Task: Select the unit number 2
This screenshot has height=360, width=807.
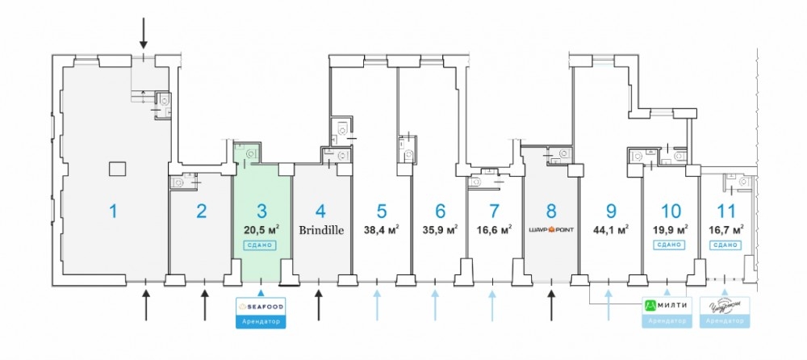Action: (x=201, y=211)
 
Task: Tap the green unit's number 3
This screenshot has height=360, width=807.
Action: (x=261, y=211)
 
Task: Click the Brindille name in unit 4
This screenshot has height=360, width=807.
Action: (x=321, y=229)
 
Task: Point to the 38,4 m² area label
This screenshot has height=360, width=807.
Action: (x=382, y=229)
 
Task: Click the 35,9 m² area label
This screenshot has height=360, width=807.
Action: (x=441, y=229)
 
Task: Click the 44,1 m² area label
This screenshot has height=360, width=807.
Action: (x=611, y=229)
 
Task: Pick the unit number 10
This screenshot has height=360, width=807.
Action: (x=670, y=211)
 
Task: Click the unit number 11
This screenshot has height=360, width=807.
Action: (x=725, y=211)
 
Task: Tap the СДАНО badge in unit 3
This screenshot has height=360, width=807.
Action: (x=261, y=245)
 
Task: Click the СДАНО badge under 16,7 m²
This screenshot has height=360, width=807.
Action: (x=725, y=245)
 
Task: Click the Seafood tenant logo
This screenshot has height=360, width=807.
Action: (x=261, y=306)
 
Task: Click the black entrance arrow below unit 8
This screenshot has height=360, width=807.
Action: (x=551, y=304)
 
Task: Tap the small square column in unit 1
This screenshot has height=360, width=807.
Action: (x=117, y=168)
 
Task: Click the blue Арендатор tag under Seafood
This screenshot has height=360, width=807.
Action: (x=261, y=321)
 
